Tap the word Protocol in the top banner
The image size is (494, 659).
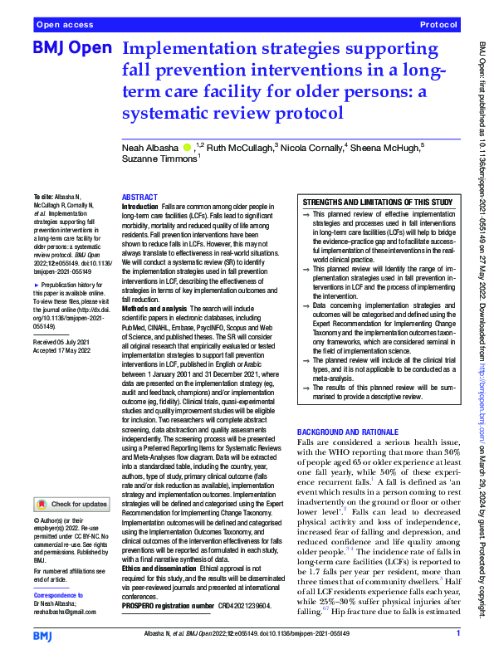coord(439,26)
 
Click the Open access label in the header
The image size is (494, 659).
coord(65,26)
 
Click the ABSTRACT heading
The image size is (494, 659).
coord(139,198)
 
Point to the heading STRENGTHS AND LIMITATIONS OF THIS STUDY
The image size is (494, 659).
coord(377,202)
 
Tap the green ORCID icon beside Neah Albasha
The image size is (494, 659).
coord(187,146)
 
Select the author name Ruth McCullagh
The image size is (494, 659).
coord(237,146)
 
